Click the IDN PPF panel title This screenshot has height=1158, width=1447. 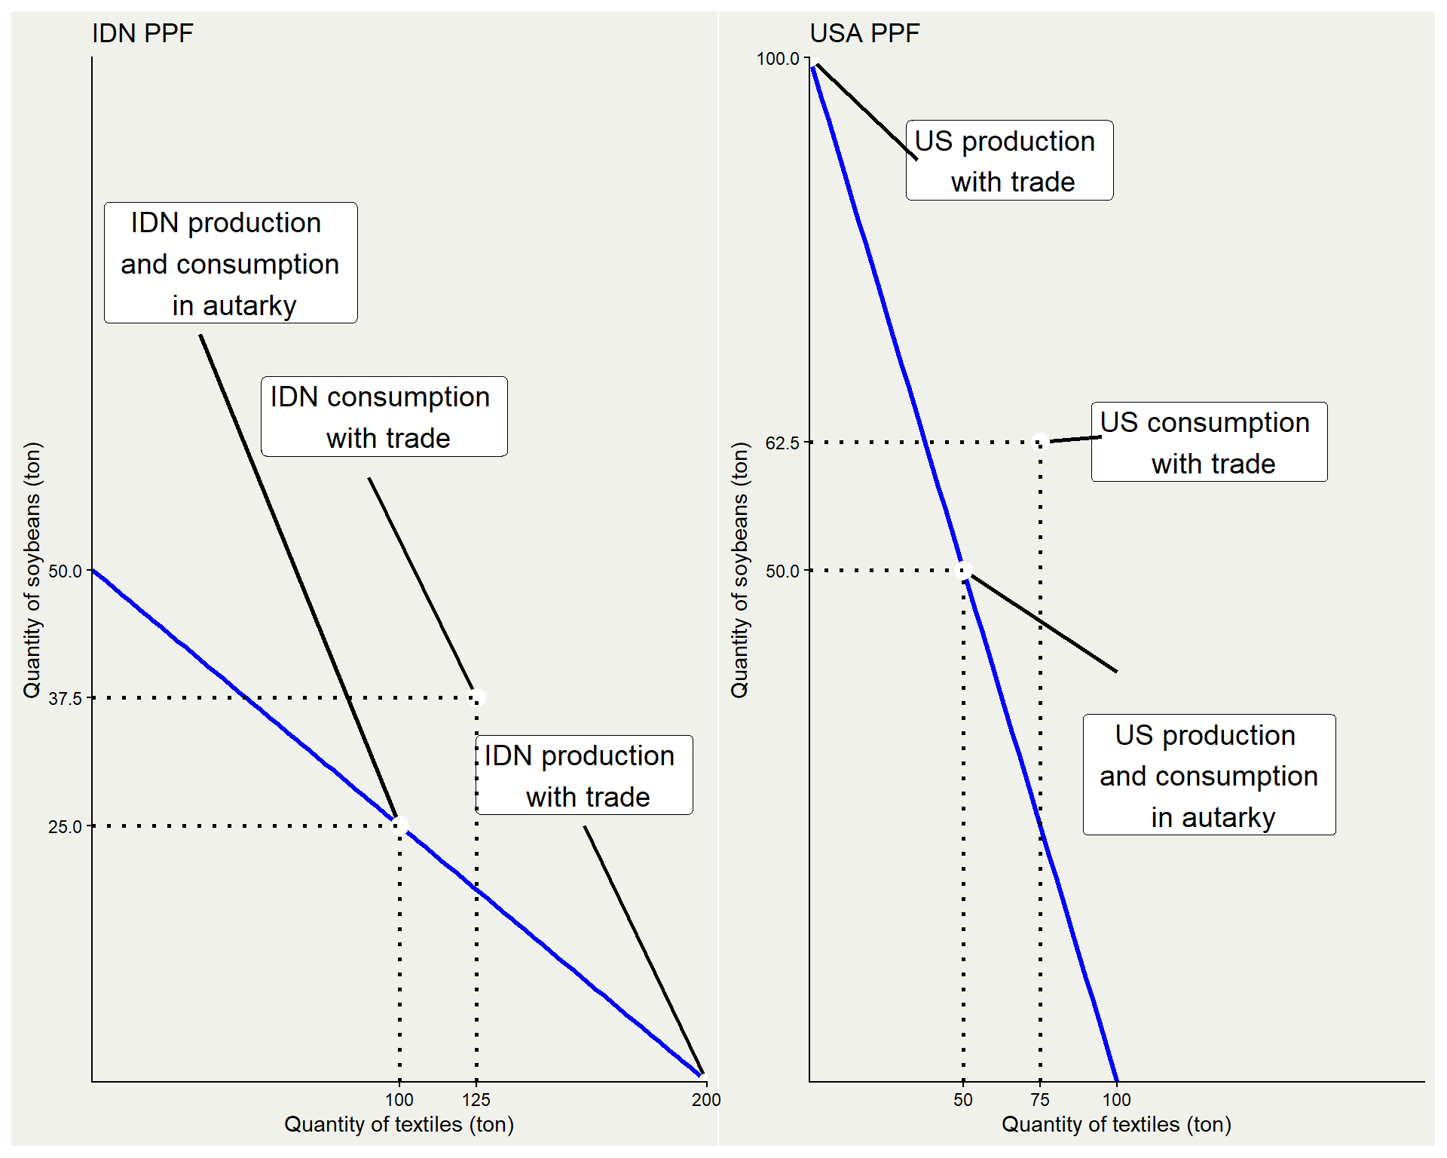click(142, 33)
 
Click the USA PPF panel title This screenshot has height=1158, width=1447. click(864, 33)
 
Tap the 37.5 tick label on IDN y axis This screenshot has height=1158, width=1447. click(65, 699)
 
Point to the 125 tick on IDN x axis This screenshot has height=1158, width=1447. click(476, 1100)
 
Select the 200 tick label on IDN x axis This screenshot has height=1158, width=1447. click(706, 1100)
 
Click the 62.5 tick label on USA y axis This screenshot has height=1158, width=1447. click(782, 443)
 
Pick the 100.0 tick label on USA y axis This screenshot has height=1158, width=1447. click(778, 59)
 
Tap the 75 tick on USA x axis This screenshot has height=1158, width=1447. click(1040, 1100)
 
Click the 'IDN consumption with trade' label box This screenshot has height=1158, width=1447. click(384, 417)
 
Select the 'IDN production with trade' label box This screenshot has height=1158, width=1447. click(585, 776)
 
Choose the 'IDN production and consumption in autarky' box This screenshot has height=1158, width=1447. click(231, 263)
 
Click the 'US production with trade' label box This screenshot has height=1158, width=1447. click(1009, 161)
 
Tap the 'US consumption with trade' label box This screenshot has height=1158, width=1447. click(1209, 443)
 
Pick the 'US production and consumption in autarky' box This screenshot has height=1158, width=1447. click(1209, 775)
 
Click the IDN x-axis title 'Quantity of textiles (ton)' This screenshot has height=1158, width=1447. click(399, 1124)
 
